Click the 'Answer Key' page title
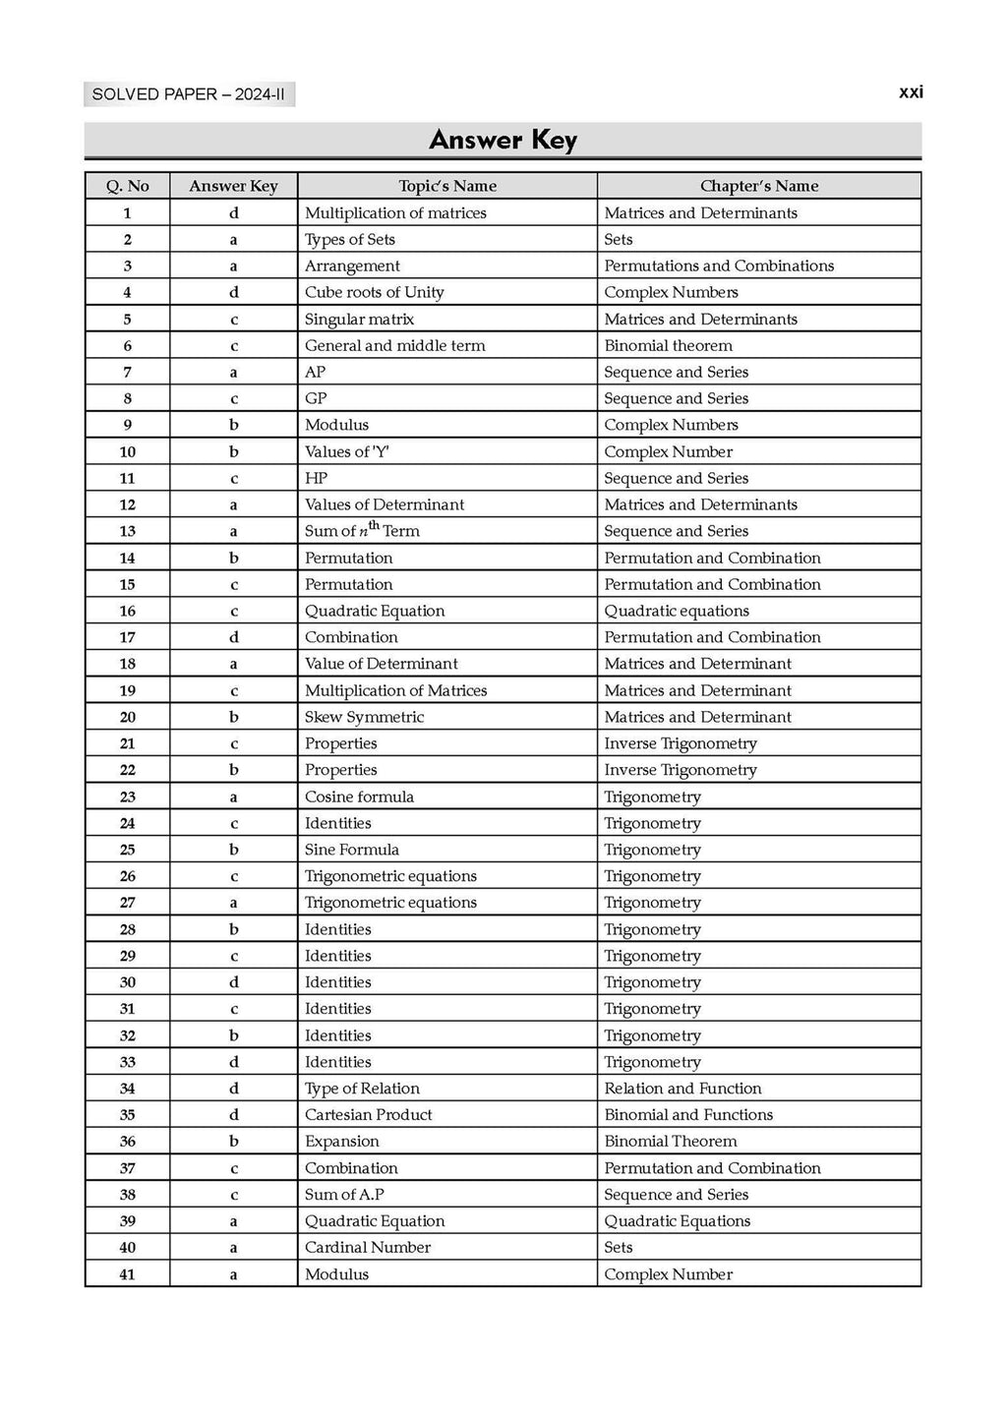(x=503, y=140)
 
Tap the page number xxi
(x=911, y=92)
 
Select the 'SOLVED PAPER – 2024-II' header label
(x=189, y=94)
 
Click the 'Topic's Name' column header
(x=447, y=186)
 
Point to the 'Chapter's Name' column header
(x=758, y=186)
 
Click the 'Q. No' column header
(x=128, y=186)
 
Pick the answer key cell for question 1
(x=234, y=212)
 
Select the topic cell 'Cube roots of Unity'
(x=375, y=292)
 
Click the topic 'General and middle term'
(x=394, y=345)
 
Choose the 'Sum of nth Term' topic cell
(x=362, y=531)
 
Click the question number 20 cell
(x=128, y=717)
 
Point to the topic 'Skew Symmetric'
(x=364, y=717)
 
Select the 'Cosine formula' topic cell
(x=359, y=796)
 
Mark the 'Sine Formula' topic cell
(x=352, y=850)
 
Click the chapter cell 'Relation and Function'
(x=682, y=1089)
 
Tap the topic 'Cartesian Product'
(x=368, y=1115)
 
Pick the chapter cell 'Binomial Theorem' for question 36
(x=670, y=1142)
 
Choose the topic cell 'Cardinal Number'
(x=368, y=1248)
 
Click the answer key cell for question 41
(x=234, y=1274)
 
